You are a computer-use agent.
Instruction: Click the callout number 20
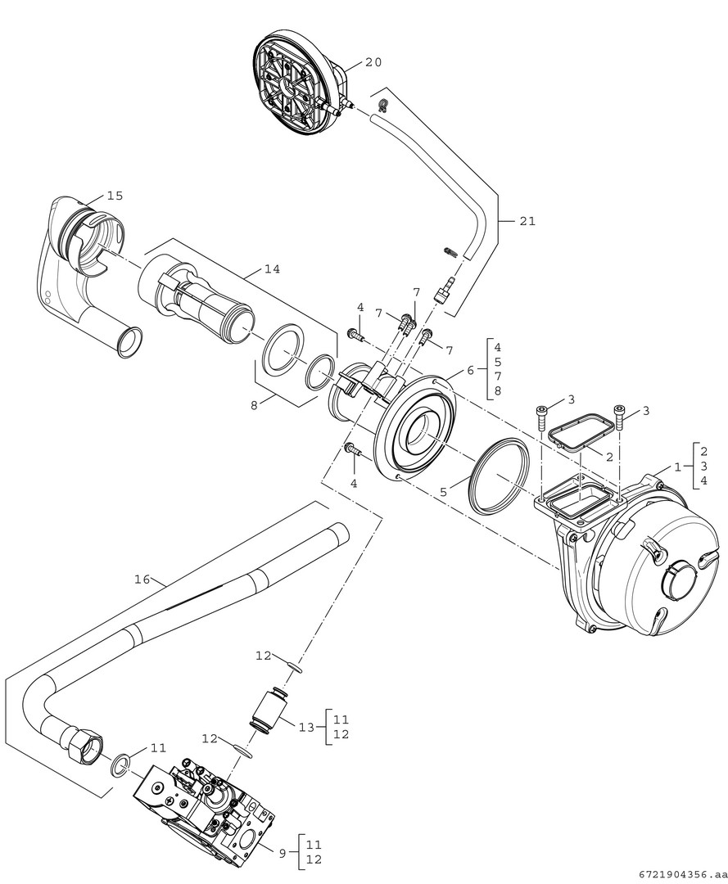click(x=373, y=62)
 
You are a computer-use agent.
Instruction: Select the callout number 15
click(x=115, y=196)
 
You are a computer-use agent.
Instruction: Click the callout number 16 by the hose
click(x=142, y=579)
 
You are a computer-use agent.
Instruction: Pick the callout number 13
click(x=306, y=727)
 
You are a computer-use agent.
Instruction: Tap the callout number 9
click(x=282, y=852)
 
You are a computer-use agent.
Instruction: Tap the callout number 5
click(x=443, y=492)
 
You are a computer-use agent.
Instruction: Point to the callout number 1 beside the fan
click(x=677, y=466)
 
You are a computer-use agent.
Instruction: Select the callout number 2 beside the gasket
click(x=609, y=457)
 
